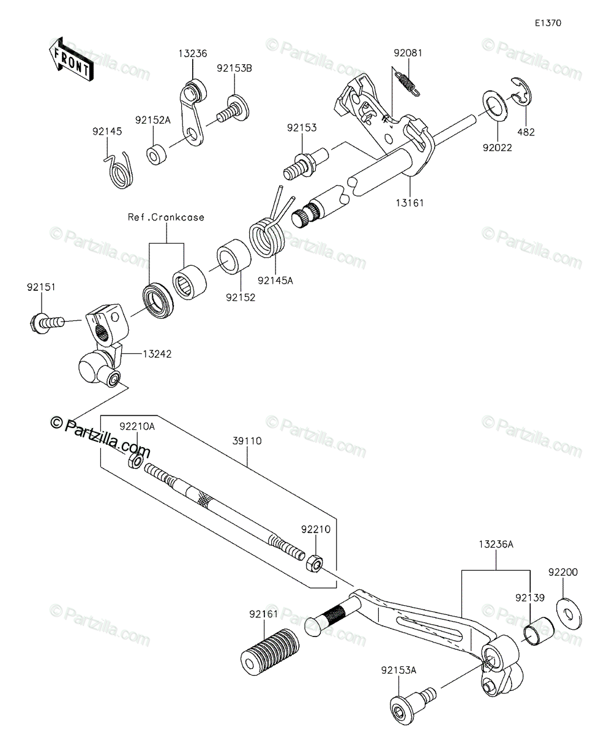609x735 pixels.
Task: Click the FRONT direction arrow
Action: (72, 59)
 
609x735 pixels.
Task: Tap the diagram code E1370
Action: (548, 23)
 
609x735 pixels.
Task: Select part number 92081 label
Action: (408, 53)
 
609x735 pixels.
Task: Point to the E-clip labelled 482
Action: (521, 92)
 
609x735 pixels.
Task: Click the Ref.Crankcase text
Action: (166, 217)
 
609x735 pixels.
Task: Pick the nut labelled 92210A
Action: (135, 461)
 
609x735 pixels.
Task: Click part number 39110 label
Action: (247, 441)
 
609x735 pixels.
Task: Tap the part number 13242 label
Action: (157, 354)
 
